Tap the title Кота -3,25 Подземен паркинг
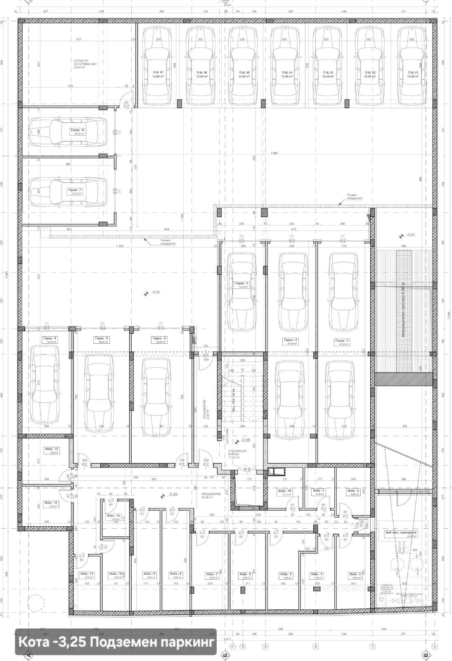click(x=117, y=642)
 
